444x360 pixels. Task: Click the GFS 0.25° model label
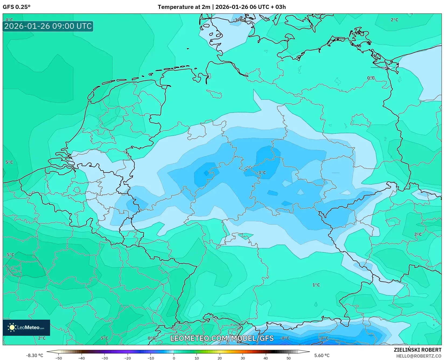tap(16, 7)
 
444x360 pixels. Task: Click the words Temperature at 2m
tap(184, 7)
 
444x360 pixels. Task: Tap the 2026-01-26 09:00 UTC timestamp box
tap(48, 26)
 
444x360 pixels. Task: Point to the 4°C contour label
tap(9, 20)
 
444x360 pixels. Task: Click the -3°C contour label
tap(261, 172)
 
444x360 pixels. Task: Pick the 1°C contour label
tap(316, 285)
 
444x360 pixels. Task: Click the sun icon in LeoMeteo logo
tap(12, 327)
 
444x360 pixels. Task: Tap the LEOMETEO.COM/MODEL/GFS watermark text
tap(222, 338)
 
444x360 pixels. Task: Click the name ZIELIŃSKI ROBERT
tap(418, 350)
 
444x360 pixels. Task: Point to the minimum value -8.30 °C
tap(34, 355)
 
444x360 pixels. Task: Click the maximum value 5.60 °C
tap(322, 355)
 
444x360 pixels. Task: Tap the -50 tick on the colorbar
tap(58, 358)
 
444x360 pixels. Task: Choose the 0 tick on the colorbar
tap(174, 358)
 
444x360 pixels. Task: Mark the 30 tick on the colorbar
tap(243, 358)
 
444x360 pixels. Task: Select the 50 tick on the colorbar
tap(289, 358)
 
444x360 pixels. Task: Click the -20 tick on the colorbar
tap(128, 358)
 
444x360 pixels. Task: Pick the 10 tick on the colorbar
tap(197, 358)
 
